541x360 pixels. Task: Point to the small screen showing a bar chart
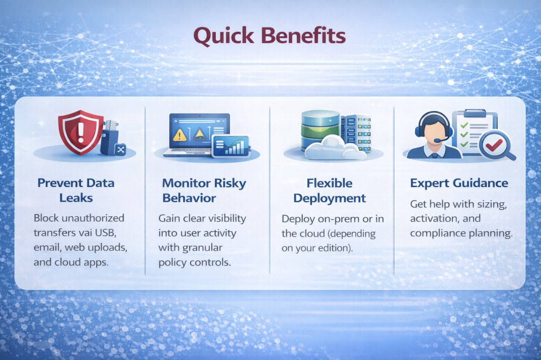pos(230,146)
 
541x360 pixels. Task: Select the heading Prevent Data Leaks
pos(75,190)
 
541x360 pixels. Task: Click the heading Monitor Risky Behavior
pos(203,190)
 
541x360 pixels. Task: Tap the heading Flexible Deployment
pos(330,190)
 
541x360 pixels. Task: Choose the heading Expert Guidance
pos(459,183)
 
